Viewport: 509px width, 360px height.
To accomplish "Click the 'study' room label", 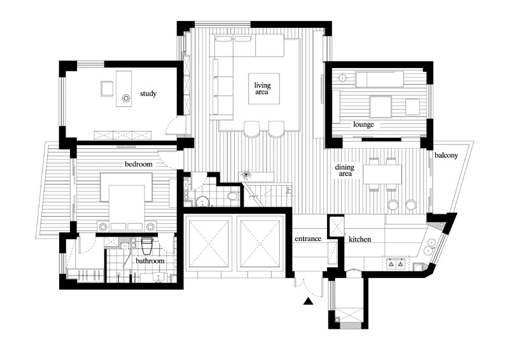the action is click(148, 93).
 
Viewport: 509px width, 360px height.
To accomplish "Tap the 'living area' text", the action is click(262, 88).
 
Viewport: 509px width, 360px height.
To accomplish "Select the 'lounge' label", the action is click(363, 124).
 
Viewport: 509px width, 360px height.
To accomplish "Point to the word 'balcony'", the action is click(446, 155).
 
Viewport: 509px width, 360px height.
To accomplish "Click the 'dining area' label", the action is click(345, 170).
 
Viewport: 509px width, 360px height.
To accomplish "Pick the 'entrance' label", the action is click(308, 239).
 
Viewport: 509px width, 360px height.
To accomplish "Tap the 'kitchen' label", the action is click(359, 240).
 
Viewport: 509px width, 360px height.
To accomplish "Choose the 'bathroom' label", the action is click(150, 261).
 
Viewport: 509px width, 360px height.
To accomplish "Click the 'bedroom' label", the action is click(139, 164).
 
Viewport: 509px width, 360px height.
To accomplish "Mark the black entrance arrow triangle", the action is click(308, 302).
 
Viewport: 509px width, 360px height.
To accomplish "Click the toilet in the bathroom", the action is click(147, 246).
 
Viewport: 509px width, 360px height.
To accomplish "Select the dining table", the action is click(382, 174).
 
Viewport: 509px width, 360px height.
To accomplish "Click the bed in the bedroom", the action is click(127, 205).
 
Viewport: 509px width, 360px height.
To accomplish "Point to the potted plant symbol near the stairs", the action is click(246, 176).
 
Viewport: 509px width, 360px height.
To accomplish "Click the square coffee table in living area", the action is click(264, 88).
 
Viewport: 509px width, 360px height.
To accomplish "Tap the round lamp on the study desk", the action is click(125, 98).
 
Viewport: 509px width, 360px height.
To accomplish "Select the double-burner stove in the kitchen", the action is click(396, 264).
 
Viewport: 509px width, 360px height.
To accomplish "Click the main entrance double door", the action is click(309, 286).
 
